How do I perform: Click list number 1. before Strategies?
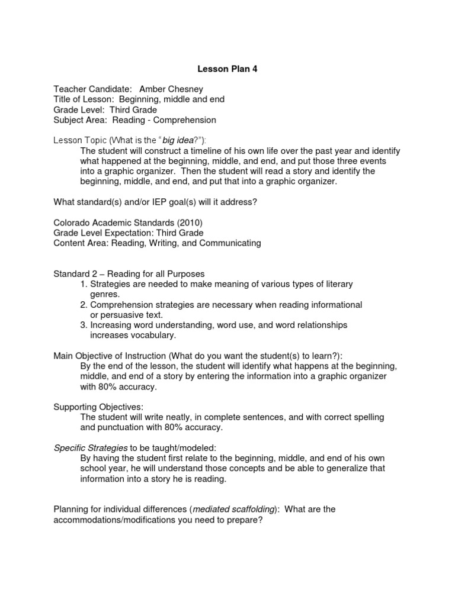click(84, 284)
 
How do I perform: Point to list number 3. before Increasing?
click(84, 325)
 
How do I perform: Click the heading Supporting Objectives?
click(98, 407)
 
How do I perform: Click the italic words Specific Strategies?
click(90, 447)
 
